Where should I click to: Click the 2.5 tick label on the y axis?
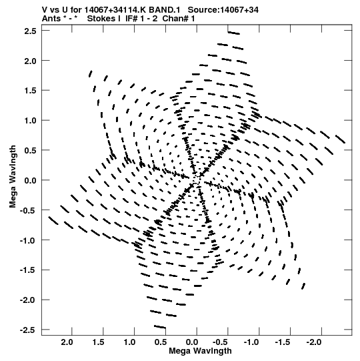(31, 31)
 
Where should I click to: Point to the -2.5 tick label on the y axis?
(28, 330)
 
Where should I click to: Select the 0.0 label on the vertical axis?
(31, 180)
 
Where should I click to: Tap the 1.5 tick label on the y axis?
(31, 91)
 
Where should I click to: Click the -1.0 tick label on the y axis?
(28, 240)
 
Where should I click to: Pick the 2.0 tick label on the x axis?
(67, 342)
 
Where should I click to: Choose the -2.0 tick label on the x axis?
(314, 342)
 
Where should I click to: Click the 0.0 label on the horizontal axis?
(192, 342)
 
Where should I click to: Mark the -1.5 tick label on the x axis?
(283, 342)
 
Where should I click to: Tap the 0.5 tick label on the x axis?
(161, 342)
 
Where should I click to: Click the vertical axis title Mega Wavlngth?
(13, 177)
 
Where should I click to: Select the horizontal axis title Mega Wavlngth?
(200, 351)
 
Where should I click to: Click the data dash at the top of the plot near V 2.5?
(234, 33)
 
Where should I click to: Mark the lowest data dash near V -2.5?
(160, 327)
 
